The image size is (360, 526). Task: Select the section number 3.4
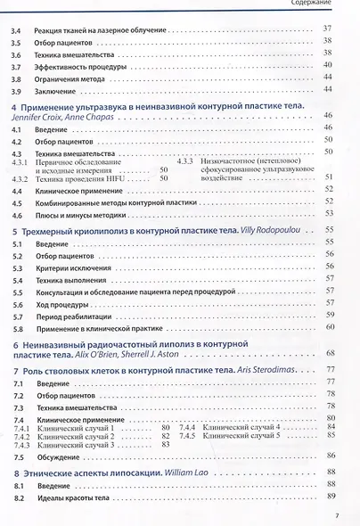click(x=15, y=29)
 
